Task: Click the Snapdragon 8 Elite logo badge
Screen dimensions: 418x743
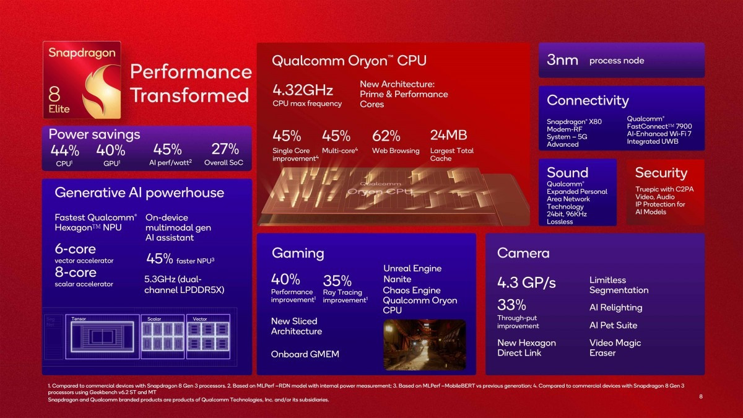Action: pyautogui.click(x=82, y=81)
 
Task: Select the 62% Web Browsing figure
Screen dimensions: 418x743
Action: pyautogui.click(x=386, y=136)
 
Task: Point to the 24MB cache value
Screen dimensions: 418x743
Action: pyautogui.click(x=448, y=135)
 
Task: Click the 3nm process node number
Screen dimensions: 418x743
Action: pyautogui.click(x=563, y=60)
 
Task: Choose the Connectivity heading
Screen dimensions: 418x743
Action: pyautogui.click(x=588, y=100)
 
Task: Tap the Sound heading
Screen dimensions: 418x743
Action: pyautogui.click(x=567, y=173)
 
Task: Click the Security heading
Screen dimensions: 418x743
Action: pyautogui.click(x=661, y=173)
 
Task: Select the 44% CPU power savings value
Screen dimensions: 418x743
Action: pyautogui.click(x=65, y=150)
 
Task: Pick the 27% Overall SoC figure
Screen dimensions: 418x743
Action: pyautogui.click(x=225, y=149)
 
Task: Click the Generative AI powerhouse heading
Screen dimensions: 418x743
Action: pyautogui.click(x=139, y=193)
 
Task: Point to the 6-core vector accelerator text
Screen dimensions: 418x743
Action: pyautogui.click(x=75, y=249)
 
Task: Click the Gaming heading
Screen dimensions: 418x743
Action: pyautogui.click(x=298, y=253)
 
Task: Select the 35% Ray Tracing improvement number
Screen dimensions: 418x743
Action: pyautogui.click(x=337, y=281)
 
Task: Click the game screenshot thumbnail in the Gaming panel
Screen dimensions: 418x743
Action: pyautogui.click(x=424, y=344)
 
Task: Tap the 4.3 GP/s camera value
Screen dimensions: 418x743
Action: pyautogui.click(x=526, y=283)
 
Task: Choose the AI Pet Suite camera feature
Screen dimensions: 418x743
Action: pyautogui.click(x=613, y=325)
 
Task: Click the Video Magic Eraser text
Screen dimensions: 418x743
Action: pyautogui.click(x=615, y=348)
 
